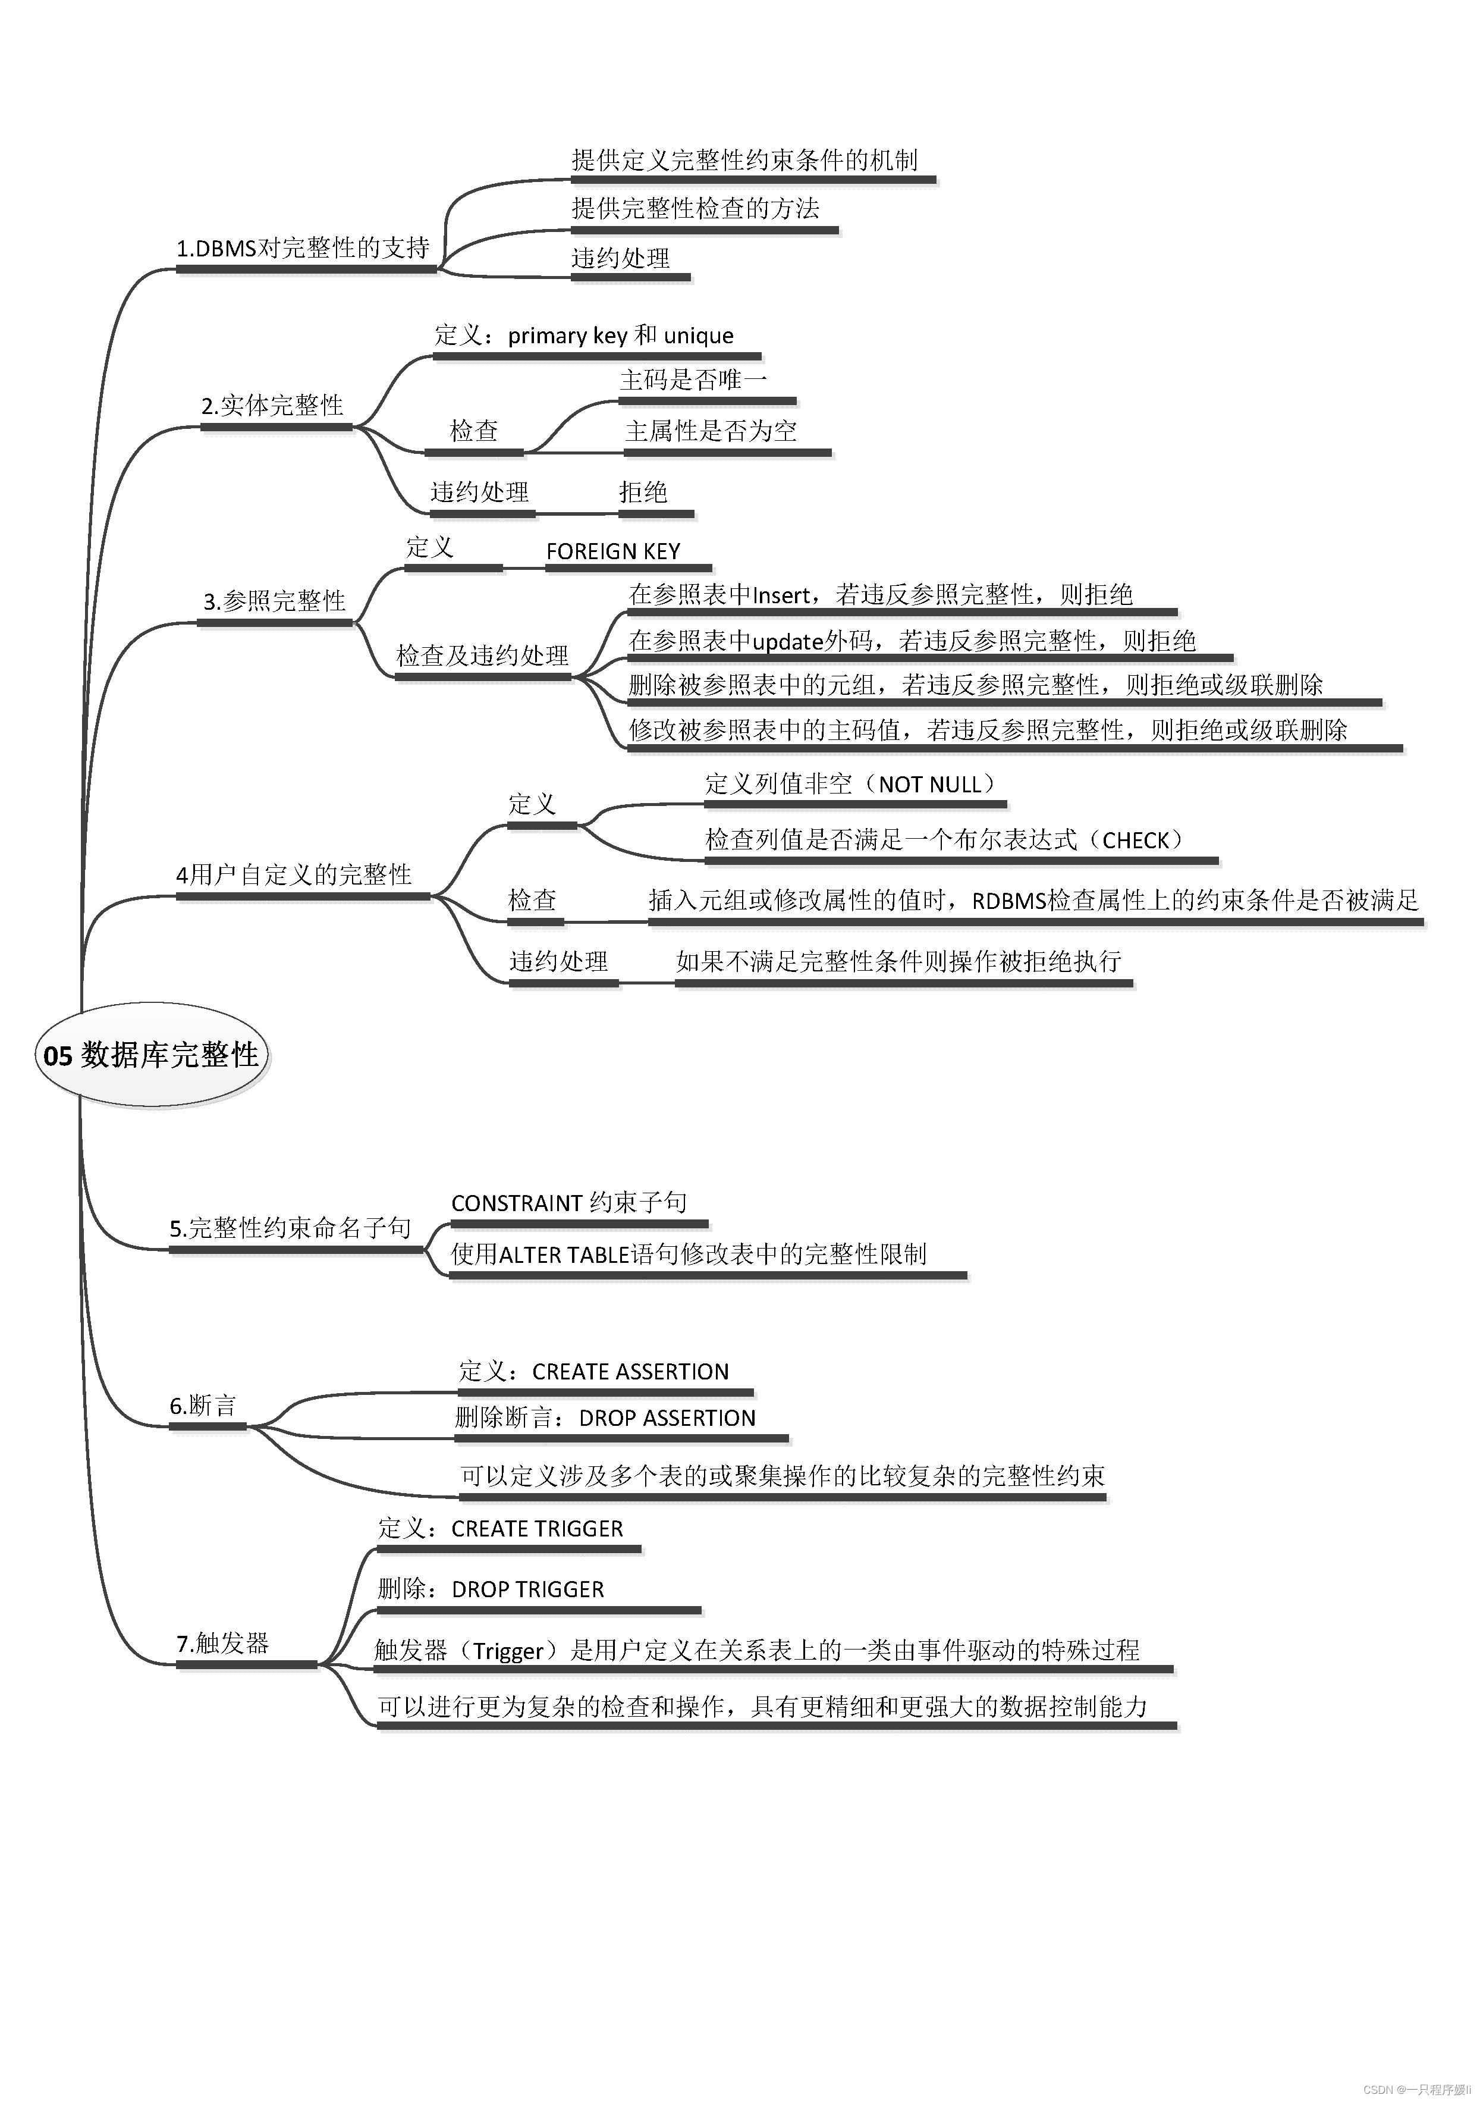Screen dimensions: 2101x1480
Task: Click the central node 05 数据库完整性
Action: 151,1055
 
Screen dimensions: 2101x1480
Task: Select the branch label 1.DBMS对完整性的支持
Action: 303,248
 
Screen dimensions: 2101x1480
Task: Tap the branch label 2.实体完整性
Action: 272,405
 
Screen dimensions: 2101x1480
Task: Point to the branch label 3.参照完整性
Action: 274,601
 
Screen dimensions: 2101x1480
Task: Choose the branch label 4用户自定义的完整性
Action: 294,875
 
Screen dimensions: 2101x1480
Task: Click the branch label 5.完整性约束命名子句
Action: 291,1228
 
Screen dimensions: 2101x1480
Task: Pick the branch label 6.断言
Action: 203,1406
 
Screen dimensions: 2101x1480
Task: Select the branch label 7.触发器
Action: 222,1644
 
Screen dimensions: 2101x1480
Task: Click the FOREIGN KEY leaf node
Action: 613,552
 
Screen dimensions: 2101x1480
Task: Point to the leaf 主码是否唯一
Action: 693,380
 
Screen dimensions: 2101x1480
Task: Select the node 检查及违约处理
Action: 482,655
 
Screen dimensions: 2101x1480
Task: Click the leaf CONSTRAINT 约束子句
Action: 569,1202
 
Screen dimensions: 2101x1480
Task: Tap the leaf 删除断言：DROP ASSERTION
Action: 605,1418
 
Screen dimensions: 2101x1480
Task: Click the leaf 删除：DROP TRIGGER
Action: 491,1589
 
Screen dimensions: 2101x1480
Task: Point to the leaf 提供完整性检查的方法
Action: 695,209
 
